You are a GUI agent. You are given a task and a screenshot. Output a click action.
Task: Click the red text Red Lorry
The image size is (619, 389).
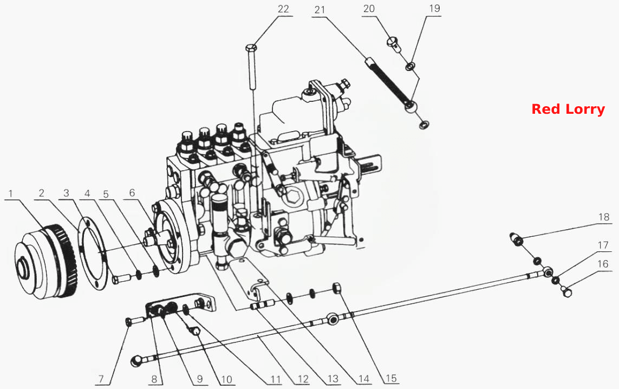tap(568, 109)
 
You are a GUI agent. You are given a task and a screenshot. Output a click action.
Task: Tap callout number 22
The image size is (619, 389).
tap(283, 9)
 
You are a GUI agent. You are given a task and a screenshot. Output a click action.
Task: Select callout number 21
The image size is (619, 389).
tap(320, 10)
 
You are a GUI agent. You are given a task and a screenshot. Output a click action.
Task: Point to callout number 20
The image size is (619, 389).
tap(369, 9)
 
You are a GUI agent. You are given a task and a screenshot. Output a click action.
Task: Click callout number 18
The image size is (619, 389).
tap(604, 217)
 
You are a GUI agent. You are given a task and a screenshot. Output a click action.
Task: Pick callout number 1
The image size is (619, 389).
tap(11, 193)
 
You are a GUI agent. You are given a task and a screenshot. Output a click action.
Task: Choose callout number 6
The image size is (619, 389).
tap(132, 193)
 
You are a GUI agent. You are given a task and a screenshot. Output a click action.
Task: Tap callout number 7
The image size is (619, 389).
tap(101, 379)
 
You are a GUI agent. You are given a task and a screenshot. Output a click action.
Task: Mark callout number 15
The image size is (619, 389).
tap(391, 378)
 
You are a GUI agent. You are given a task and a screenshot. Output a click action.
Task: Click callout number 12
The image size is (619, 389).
tap(303, 379)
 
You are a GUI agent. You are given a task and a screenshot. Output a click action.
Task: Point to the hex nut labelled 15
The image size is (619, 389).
tap(337, 288)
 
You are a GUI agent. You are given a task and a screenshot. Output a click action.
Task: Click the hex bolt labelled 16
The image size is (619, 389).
tap(566, 292)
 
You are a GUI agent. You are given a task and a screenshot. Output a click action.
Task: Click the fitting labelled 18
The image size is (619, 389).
tap(517, 239)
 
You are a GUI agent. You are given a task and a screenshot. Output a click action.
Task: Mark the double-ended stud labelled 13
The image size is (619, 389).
tap(263, 305)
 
